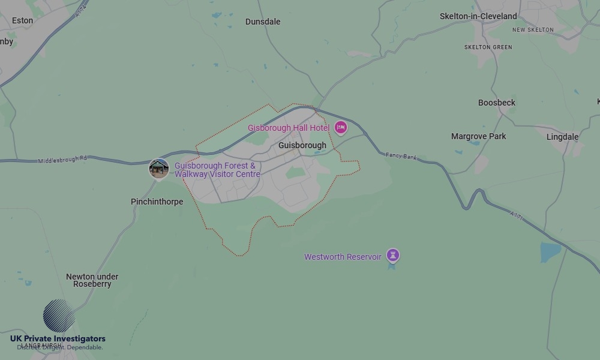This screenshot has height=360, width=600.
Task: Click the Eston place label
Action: [23, 20]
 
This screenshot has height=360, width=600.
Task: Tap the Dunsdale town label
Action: [263, 22]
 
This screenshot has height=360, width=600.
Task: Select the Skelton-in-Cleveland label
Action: [478, 16]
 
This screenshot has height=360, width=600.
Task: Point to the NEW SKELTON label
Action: [533, 30]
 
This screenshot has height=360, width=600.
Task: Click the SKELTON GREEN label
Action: [488, 47]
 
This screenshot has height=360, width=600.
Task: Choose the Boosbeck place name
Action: [497, 103]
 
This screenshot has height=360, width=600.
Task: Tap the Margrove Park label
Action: [479, 136]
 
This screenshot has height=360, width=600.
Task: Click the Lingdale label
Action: [563, 137]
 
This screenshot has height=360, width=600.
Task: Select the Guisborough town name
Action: [302, 145]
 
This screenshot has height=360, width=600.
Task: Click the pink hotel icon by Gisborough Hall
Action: [341, 127]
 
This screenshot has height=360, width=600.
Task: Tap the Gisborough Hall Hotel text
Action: [289, 128]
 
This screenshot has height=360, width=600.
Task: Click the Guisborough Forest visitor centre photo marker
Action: [159, 169]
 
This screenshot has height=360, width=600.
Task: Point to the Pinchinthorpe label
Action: [157, 202]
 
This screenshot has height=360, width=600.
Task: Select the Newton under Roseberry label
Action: [92, 280]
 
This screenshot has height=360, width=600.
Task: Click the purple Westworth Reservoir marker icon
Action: [393, 256]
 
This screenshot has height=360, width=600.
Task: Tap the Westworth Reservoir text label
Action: [343, 257]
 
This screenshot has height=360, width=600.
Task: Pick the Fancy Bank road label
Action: [401, 157]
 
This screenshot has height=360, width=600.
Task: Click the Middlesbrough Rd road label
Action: [62, 160]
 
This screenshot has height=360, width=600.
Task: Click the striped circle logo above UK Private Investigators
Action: [59, 316]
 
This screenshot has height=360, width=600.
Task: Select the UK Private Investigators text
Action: [58, 339]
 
